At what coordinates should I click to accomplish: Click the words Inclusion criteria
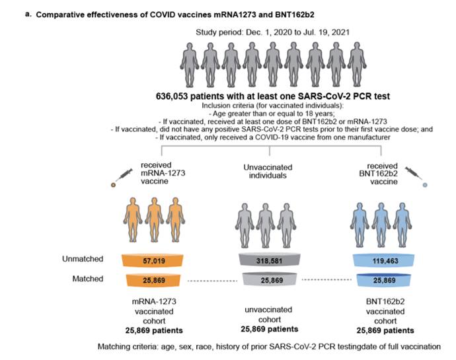211,106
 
